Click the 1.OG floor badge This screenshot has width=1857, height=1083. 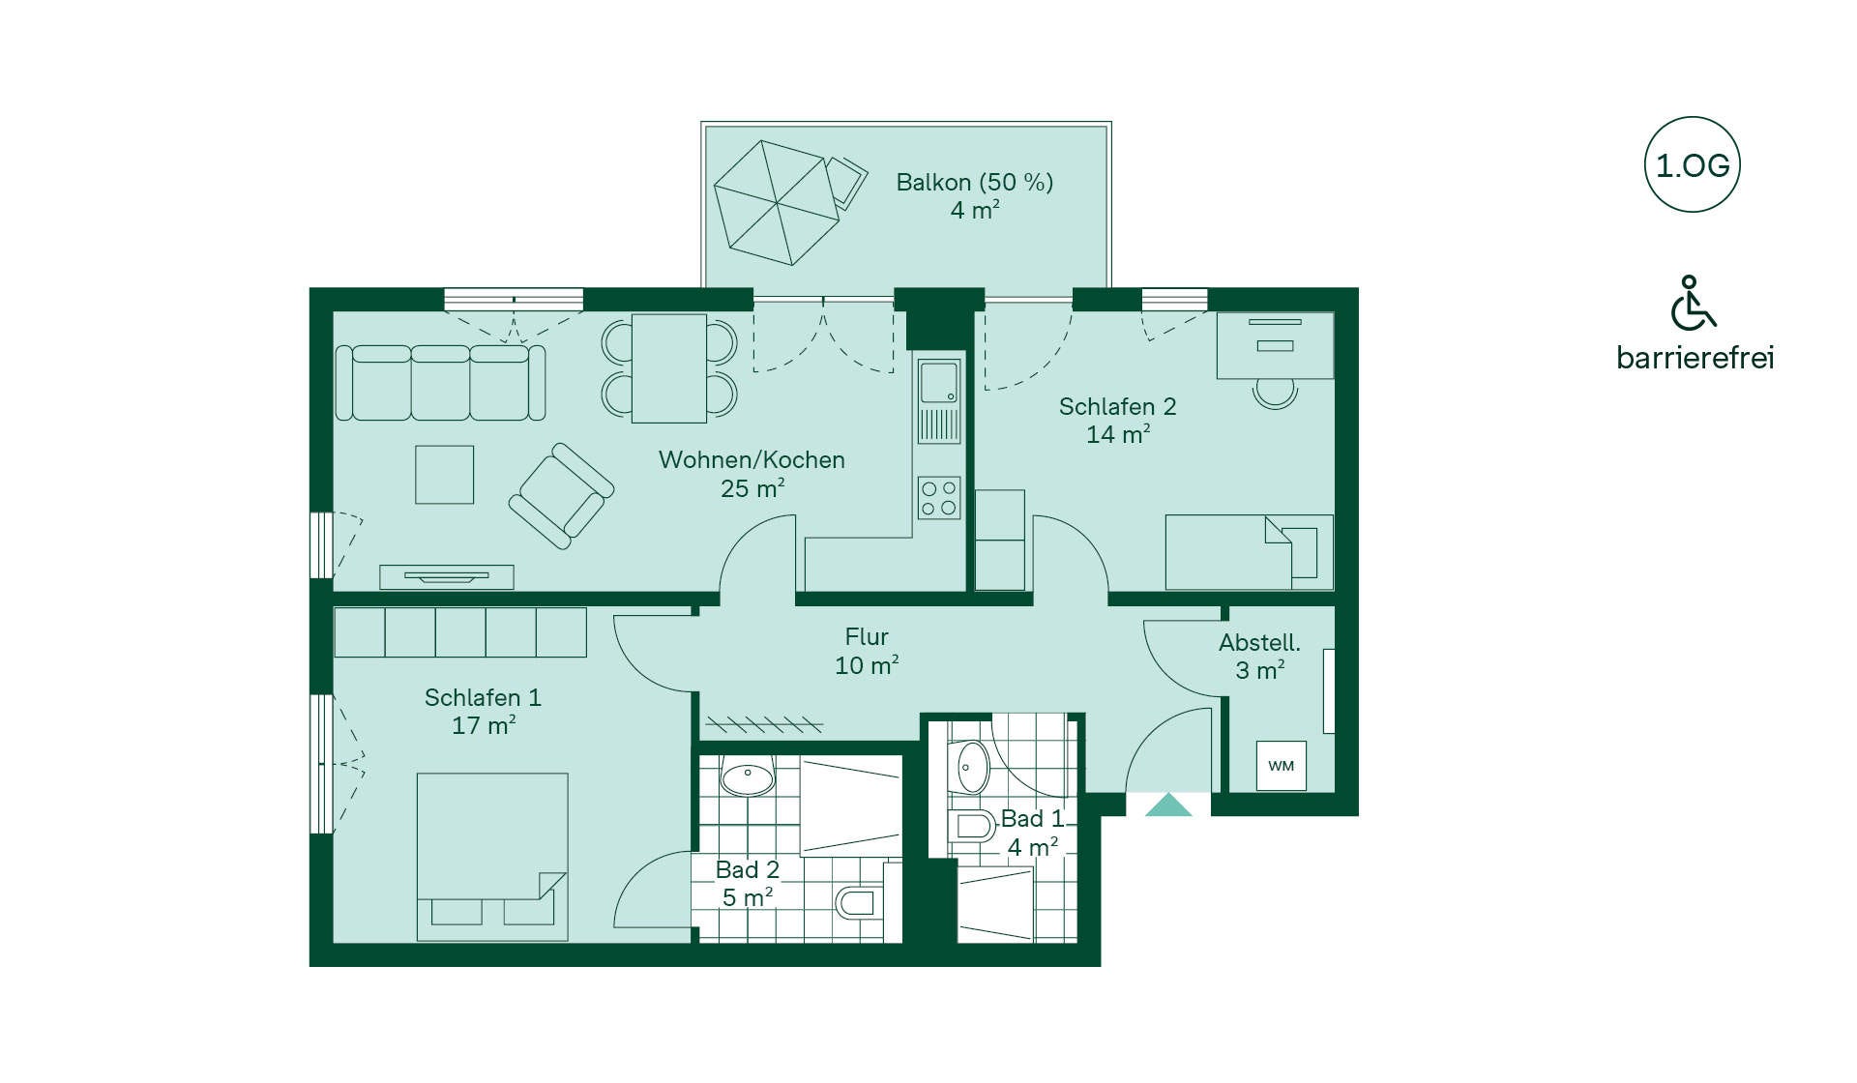pos(1692,165)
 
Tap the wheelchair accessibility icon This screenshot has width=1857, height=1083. pos(1693,303)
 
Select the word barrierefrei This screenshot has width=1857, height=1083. pos(1695,358)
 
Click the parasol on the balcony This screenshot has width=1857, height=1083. pos(777,202)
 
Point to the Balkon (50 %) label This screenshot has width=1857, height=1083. pos(974,182)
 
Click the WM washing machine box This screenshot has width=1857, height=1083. pos(1282,766)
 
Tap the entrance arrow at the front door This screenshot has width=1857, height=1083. pos(1168,805)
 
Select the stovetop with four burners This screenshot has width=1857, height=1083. pos(938,498)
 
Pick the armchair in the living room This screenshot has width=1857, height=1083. pos(561,496)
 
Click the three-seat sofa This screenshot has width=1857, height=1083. pos(440,383)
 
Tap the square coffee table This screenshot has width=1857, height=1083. pos(445,475)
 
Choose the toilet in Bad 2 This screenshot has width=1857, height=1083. pos(855,903)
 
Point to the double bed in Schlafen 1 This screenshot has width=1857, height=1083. pos(492,857)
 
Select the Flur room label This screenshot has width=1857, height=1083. pos(866,637)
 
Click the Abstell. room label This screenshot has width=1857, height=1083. pos(1259,642)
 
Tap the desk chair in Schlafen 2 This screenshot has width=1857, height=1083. pos(1275,393)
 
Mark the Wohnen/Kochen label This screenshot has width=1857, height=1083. pos(752,460)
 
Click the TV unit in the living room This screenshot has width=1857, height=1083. pos(446,577)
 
